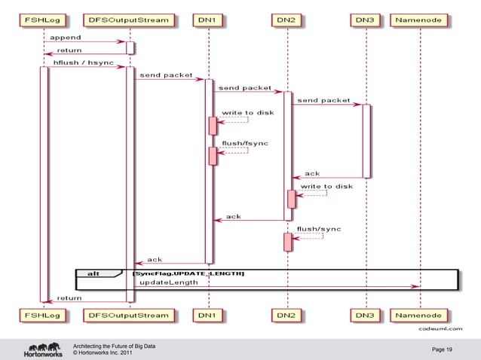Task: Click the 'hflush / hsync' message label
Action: (79, 63)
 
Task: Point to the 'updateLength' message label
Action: (169, 282)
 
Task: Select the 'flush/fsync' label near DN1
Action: (244, 142)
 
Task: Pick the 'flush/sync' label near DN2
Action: (319, 227)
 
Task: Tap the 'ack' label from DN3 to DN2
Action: (312, 173)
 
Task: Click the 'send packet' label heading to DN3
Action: (324, 100)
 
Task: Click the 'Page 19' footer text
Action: (442, 349)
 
